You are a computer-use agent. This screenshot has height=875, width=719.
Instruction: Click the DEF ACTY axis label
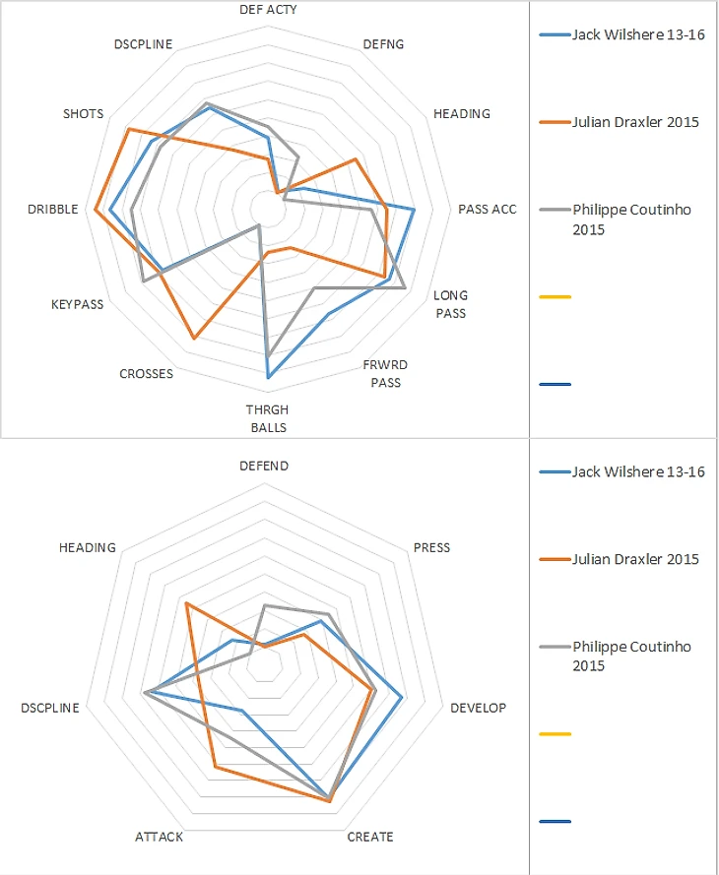pos(268,9)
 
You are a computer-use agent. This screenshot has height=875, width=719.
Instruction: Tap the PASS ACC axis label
pos(487,209)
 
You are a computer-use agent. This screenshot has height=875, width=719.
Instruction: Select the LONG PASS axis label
pos(451,304)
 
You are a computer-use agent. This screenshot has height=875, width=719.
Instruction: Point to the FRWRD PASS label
pos(385,373)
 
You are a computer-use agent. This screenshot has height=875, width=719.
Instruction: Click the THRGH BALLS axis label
pos(268,418)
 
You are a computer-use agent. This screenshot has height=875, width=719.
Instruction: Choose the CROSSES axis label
pos(146,373)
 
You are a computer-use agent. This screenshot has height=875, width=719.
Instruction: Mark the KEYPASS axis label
pos(77,304)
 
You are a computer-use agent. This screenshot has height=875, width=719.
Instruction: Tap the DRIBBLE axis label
pos(53,209)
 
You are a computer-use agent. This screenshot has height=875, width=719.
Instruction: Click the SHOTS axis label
pos(83,114)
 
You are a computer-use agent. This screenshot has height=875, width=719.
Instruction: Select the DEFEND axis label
pos(264,466)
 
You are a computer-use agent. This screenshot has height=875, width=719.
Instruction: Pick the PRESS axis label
pos(431,547)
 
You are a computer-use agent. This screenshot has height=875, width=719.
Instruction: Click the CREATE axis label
pos(370,837)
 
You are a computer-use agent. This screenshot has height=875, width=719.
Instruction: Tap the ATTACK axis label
pos(159,837)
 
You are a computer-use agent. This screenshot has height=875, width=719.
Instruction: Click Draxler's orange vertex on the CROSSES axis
pos(193,339)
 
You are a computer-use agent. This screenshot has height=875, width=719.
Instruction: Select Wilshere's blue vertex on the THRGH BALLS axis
pos(268,377)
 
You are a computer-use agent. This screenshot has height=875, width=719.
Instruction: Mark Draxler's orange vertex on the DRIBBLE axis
pos(95,211)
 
